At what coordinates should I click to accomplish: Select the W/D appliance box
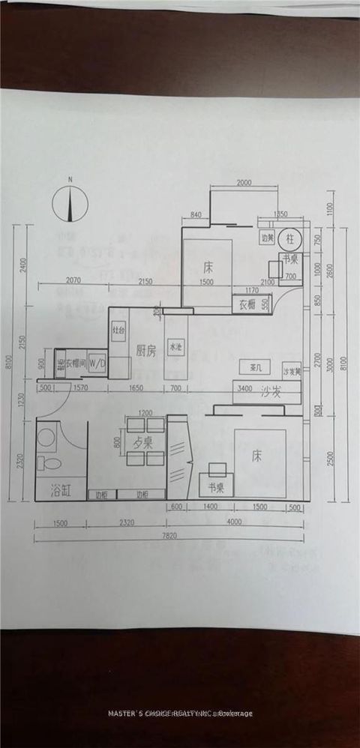[x=97, y=363]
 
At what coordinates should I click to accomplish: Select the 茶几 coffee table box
[x=253, y=367]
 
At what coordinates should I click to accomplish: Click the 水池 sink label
[x=175, y=348]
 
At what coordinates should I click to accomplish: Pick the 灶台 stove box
[x=118, y=330]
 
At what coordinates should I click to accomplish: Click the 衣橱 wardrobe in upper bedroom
[x=248, y=305]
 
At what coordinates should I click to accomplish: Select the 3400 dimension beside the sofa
[x=244, y=388]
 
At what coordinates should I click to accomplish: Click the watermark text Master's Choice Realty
[x=180, y=713]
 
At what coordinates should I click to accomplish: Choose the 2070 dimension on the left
[x=73, y=280]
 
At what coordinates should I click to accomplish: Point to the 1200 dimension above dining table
[x=145, y=413]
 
